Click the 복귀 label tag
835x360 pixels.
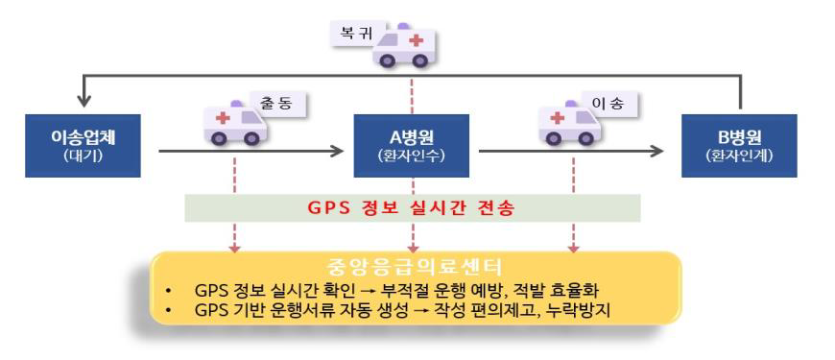coord(348,33)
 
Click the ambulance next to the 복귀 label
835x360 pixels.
coord(403,45)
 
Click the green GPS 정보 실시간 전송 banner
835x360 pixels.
coord(413,208)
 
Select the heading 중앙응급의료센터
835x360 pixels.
coord(415,266)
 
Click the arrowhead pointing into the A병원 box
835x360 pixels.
coord(337,151)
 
